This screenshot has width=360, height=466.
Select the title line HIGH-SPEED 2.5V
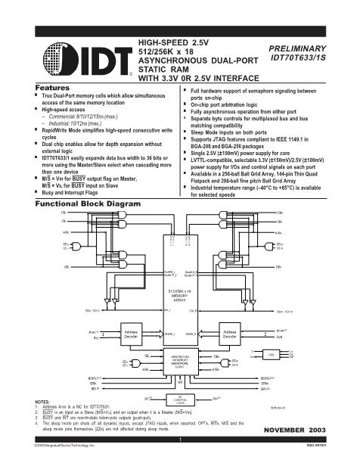(x=173, y=41)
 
